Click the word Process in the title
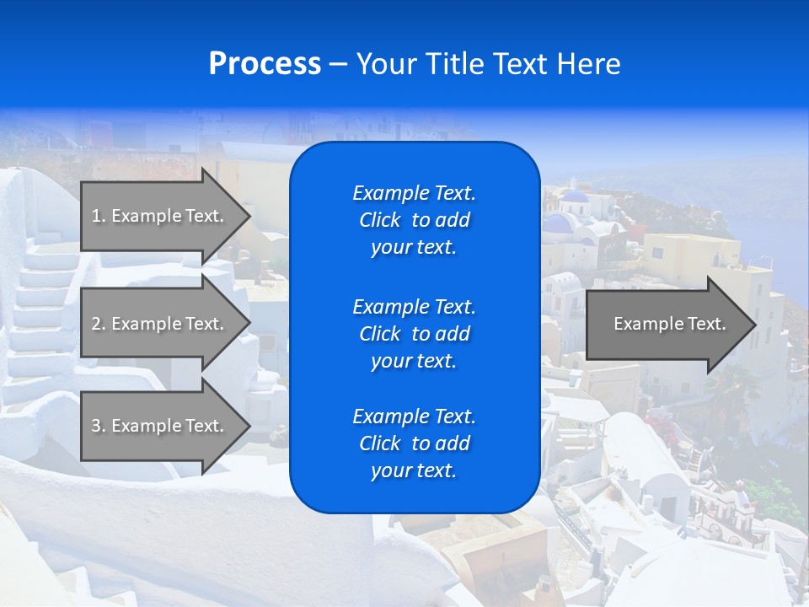pos(265,64)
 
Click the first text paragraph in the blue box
pos(414,220)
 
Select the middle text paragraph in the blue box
pos(414,334)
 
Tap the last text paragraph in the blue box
pos(414,443)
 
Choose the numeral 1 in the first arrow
pos(95,216)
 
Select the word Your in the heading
pos(385,64)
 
